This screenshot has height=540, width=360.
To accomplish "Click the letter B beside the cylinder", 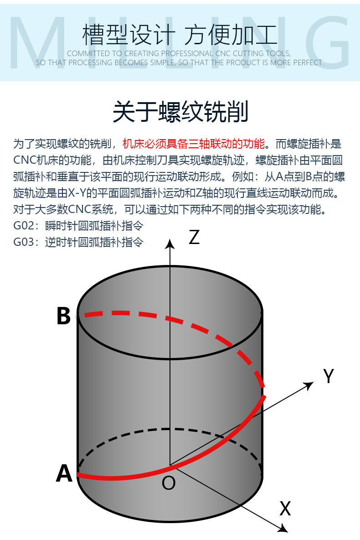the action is tap(63, 316).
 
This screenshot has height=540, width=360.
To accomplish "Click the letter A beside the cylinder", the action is tap(64, 473).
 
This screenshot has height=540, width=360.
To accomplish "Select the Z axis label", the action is tap(194, 237).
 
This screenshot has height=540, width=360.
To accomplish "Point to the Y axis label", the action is tap(329, 376).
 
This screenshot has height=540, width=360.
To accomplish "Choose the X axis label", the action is tap(285, 508).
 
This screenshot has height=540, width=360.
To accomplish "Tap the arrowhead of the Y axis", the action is tap(310, 384).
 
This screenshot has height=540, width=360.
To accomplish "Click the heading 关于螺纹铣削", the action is tap(180, 112).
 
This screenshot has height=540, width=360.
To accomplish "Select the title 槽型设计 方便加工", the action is tap(180, 35).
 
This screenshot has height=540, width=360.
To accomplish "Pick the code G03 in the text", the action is tap(24, 242).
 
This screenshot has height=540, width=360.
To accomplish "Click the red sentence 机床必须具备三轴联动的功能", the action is tap(193, 144).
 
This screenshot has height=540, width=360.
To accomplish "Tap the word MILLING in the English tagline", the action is tap(180, 39).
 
